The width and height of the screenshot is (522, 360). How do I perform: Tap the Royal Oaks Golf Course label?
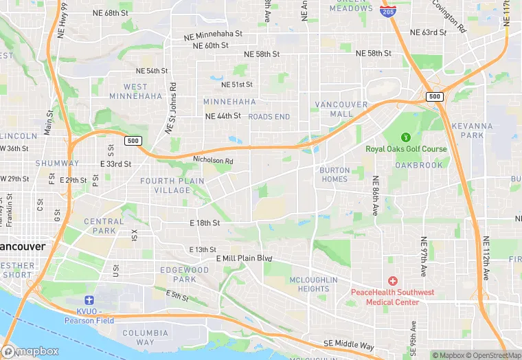405,148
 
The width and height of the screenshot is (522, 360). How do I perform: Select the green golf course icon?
405,137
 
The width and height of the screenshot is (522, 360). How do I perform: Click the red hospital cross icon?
393,280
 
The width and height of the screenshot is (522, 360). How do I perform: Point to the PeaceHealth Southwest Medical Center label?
393,297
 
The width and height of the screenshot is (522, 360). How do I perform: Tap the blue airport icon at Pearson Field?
88,300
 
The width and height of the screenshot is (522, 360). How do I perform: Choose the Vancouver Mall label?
333,109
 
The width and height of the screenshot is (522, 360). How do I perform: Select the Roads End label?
269,117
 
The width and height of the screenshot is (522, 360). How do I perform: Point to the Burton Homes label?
334,175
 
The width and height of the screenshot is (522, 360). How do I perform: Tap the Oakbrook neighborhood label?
419,165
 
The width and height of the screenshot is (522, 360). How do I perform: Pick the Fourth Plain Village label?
172,185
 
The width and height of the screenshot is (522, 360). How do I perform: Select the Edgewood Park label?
184,275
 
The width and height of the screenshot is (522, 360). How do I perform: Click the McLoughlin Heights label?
313,284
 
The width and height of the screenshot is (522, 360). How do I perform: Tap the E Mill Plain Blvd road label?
245,258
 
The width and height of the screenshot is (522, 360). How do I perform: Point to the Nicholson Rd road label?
214,161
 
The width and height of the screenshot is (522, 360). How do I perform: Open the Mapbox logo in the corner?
30,351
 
